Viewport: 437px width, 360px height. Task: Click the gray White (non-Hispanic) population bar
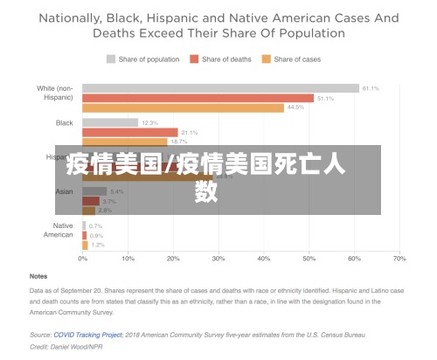click(x=220, y=88)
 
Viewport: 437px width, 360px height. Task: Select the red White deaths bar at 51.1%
click(x=198, y=98)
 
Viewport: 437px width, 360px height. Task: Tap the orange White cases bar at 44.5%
click(x=183, y=107)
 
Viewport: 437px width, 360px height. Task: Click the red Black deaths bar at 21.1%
click(x=129, y=132)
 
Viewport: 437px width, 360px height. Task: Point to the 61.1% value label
click(x=371, y=88)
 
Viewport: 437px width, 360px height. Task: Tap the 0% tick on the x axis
click(x=83, y=259)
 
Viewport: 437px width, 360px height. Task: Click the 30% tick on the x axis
click(x=218, y=259)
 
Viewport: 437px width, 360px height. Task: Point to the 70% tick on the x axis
click(x=399, y=259)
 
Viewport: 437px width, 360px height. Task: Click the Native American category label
click(x=59, y=230)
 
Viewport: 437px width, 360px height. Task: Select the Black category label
click(x=65, y=122)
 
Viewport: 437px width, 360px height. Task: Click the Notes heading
click(x=39, y=276)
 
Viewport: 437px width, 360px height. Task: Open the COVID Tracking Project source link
click(x=77, y=334)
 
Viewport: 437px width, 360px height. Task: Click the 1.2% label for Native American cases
click(x=98, y=245)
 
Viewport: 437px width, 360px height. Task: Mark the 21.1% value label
click(x=190, y=132)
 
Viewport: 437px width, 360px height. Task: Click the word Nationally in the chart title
click(x=78, y=17)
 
